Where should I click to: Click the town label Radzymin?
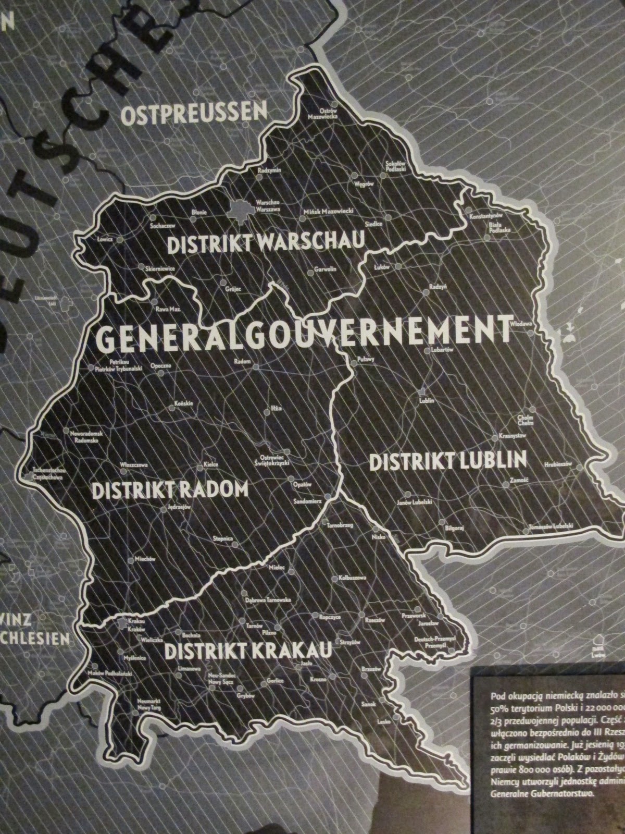(269, 170)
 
